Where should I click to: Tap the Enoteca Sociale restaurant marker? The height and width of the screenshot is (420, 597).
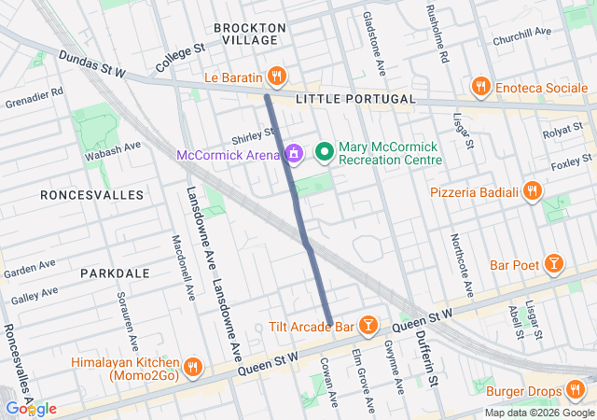tap(480, 87)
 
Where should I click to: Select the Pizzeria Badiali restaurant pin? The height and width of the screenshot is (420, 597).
tap(532, 191)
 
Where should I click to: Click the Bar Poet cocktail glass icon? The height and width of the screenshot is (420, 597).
tap(554, 264)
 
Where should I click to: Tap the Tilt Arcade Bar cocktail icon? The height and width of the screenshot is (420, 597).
tap(368, 326)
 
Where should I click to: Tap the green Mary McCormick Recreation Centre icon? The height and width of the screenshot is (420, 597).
tap(325, 151)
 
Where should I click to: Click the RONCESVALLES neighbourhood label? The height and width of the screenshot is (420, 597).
tap(92, 195)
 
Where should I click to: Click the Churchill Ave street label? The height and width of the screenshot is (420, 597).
tap(522, 36)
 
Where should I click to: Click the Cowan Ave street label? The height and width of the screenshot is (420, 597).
tap(327, 377)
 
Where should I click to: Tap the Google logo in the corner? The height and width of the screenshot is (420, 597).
tap(31, 409)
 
